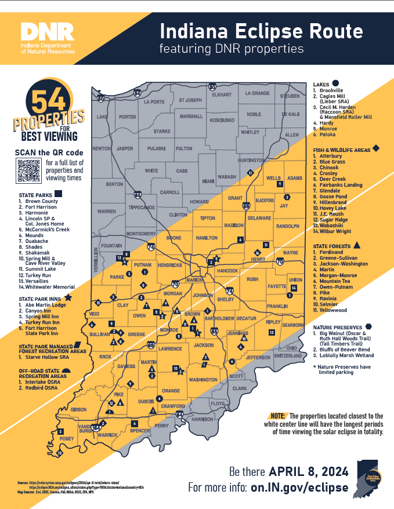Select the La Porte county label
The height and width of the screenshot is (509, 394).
click(154, 101)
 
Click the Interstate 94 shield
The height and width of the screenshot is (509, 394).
click(137, 92)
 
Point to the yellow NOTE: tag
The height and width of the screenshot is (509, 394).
click(277, 416)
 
